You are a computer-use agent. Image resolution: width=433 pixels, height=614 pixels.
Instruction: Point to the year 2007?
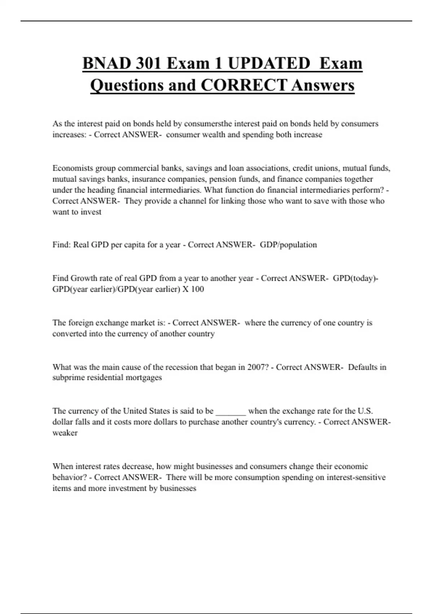pos(258,367)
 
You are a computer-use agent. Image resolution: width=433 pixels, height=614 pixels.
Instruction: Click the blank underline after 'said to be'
pos(231,411)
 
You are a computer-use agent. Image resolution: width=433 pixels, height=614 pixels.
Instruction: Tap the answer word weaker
pos(65,433)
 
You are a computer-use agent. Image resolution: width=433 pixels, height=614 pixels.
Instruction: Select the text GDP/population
pos(288,245)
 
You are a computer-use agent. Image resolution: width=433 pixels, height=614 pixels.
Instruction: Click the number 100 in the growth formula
pos(197,289)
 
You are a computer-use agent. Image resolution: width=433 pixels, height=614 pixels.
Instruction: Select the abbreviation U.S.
pos(365,411)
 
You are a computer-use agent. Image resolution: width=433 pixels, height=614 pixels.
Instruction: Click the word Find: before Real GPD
pos(62,245)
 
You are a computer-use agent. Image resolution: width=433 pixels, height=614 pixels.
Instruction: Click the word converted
pos(70,334)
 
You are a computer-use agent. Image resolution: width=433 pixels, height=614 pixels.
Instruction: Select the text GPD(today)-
pos(355,278)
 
